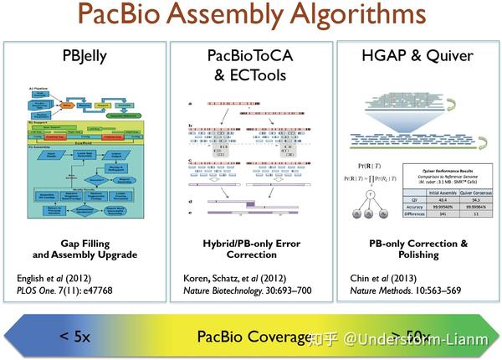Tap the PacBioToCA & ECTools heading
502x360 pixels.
[x=250, y=64]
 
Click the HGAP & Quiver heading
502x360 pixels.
[x=415, y=57]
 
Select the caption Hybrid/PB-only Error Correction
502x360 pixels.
[x=250, y=249]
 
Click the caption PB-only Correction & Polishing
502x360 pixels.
[x=415, y=249]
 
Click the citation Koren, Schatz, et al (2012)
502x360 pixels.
[x=235, y=277]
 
